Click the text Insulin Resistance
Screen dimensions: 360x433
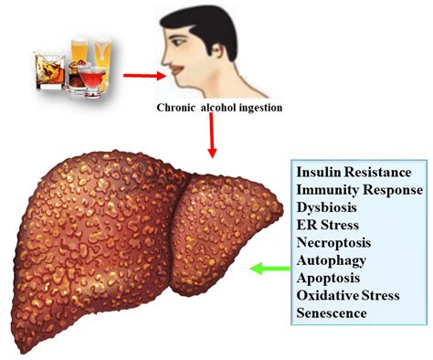[353, 173]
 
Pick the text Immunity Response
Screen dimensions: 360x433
[358, 190]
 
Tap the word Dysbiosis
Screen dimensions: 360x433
[325, 207]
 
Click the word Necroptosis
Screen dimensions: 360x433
[331, 243]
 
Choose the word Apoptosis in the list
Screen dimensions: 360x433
[326, 278]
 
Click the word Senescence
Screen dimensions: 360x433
[330, 313]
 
